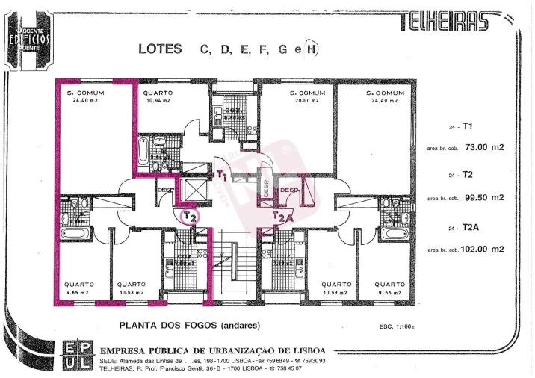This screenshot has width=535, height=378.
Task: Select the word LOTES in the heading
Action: coord(160,49)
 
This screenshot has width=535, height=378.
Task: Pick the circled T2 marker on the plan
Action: coord(190,216)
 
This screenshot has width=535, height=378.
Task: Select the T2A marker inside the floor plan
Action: coord(282,217)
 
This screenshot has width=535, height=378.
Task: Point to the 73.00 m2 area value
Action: coord(484,147)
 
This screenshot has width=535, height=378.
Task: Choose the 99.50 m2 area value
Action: coord(484,198)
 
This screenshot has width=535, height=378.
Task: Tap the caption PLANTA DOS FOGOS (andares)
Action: coord(190,326)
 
